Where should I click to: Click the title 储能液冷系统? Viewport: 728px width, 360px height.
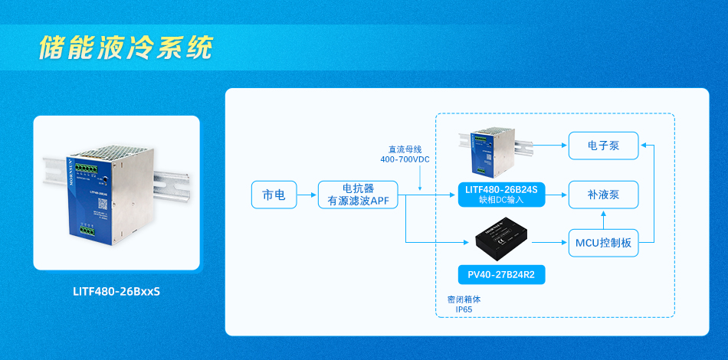tap(126, 47)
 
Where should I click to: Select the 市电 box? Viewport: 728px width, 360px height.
tap(274, 195)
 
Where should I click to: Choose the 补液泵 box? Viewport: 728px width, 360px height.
tap(603, 195)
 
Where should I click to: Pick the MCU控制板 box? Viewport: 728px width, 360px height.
tap(603, 243)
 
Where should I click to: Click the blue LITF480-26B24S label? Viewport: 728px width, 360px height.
tap(501, 189)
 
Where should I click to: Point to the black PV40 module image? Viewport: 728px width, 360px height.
tap(502, 239)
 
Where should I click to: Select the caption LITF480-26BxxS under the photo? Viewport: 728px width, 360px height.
tap(116, 291)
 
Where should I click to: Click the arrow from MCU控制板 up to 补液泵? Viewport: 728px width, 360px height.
tap(603, 220)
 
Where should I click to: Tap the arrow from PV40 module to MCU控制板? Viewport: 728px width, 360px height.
tap(548, 243)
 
